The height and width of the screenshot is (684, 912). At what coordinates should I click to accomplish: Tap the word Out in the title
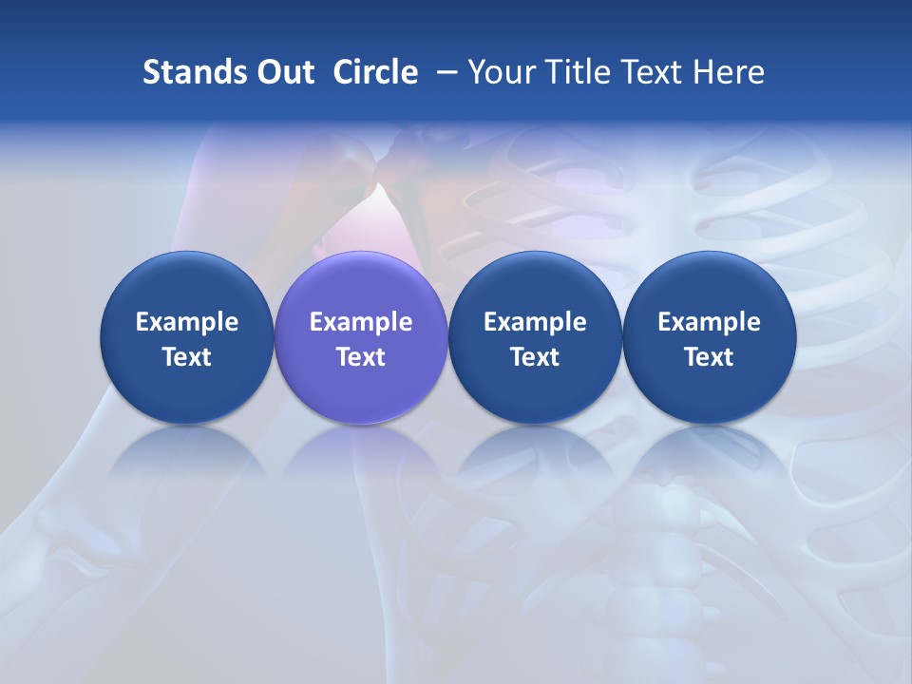(x=283, y=72)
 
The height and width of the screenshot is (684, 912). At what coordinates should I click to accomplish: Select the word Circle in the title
(x=375, y=72)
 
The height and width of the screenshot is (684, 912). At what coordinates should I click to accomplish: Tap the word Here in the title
(x=729, y=72)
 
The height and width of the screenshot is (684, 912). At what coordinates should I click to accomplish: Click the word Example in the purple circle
(x=361, y=322)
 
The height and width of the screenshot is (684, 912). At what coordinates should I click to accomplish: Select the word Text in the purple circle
(x=361, y=357)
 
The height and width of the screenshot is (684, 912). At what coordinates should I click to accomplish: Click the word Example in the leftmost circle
(x=187, y=322)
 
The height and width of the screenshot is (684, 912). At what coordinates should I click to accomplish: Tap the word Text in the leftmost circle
(x=187, y=357)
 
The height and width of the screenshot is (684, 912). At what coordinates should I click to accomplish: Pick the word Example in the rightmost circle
(x=709, y=322)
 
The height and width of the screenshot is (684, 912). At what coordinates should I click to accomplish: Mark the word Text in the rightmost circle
(x=709, y=357)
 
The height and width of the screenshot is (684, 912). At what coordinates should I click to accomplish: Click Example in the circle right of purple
(x=535, y=322)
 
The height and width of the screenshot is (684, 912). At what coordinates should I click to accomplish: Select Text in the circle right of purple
(x=535, y=357)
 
